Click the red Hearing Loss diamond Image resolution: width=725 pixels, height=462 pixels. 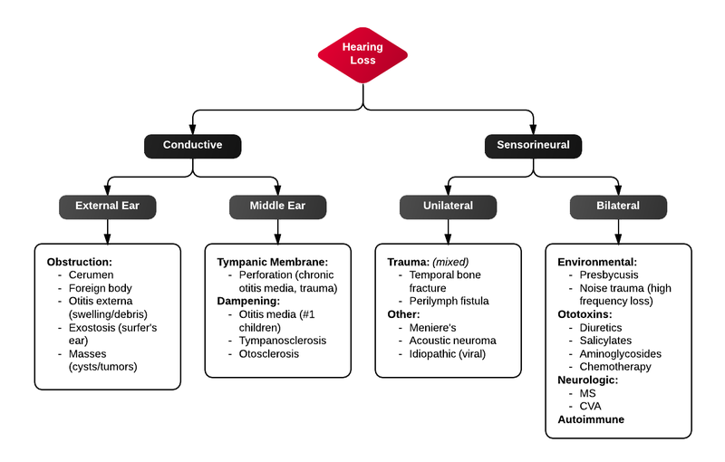[362, 53]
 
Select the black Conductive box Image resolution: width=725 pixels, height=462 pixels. [193, 145]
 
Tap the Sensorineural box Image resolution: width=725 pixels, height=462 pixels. [533, 145]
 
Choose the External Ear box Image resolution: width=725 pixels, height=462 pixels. [108, 206]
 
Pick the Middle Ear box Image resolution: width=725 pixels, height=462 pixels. [277, 206]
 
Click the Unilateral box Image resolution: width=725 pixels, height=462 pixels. [448, 206]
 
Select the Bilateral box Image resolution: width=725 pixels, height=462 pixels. [617, 206]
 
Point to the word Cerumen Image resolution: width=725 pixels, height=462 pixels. [92, 274]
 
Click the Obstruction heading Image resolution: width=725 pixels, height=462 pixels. [79, 262]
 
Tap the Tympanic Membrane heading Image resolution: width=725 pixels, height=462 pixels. [272, 262]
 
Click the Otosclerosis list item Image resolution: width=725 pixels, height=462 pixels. [270, 353]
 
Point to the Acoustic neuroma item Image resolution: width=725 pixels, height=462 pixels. [452, 340]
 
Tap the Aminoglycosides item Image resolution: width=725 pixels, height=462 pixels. [620, 353]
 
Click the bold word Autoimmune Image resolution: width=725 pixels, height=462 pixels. [590, 419]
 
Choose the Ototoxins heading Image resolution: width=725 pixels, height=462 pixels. [585, 314]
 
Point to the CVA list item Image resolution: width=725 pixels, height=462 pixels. [591, 406]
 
